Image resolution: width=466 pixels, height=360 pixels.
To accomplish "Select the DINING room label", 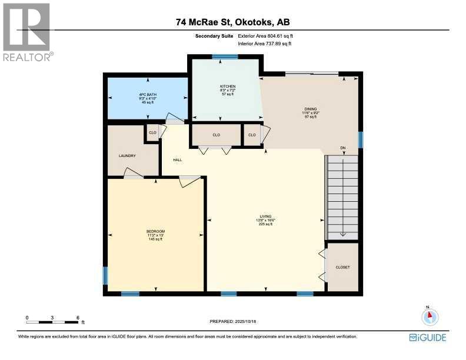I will coord(310,109).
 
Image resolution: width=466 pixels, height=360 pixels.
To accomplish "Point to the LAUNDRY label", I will coord(127,156).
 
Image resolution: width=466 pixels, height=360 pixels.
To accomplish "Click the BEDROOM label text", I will coord(155,231).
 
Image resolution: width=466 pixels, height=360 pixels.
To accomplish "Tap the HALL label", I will coord(177,160).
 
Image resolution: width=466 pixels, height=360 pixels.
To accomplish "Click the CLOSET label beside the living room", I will coord(342,267).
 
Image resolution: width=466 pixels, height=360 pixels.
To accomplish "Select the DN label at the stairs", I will coord(342,148).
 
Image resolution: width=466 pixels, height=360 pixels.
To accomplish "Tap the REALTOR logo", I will coord(27,32).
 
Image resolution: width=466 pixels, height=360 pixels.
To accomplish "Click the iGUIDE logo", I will coord(427,337).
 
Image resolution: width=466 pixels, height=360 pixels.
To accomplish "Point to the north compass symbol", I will coord(430,316).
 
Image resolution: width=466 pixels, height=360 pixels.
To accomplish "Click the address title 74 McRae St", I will coord(232,22).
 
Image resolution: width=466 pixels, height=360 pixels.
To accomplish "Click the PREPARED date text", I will coord(234,321).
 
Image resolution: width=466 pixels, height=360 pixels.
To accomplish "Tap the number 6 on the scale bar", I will coord(78,318).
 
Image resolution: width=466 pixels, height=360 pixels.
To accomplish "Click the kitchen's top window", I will coord(225,56).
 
